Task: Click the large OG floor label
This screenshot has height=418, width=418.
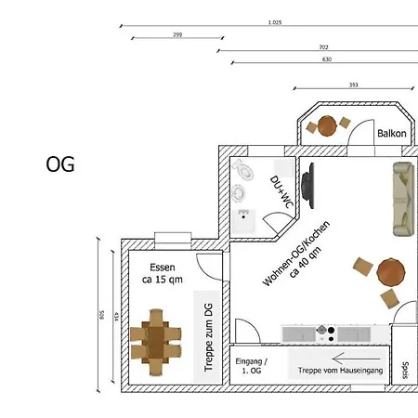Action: [60, 164]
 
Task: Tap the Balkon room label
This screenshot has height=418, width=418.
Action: [391, 134]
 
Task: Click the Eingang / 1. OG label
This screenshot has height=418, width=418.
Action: [251, 365]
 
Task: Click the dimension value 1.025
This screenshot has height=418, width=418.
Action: [274, 21]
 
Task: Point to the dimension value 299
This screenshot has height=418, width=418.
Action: [176, 34]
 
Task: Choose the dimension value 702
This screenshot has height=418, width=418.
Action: [323, 46]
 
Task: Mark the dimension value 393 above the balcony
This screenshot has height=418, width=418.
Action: [353, 85]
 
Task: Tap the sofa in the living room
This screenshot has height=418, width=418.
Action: [403, 198]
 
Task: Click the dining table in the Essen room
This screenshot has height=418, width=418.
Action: [156, 343]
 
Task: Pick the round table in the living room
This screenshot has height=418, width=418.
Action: [391, 272]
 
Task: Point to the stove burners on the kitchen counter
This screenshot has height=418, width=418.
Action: [324, 331]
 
